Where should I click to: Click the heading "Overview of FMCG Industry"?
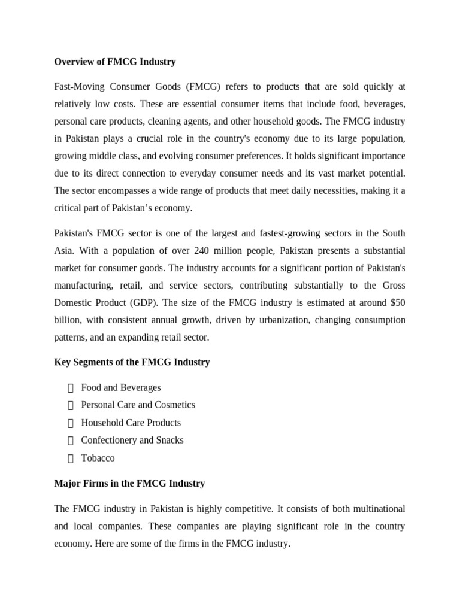(x=115, y=62)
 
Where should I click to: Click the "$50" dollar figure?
(x=395, y=303)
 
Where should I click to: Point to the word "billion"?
(x=67, y=320)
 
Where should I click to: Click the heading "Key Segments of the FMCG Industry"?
(x=132, y=362)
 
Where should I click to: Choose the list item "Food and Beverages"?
(x=121, y=387)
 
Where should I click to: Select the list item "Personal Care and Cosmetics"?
(x=138, y=405)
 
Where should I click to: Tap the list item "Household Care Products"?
(x=131, y=423)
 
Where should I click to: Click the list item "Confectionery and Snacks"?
(x=132, y=440)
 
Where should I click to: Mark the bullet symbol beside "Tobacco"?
(x=71, y=459)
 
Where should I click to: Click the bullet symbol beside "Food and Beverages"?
(x=71, y=388)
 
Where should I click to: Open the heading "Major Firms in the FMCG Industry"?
(x=129, y=483)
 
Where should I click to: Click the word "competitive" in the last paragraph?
(x=244, y=509)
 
